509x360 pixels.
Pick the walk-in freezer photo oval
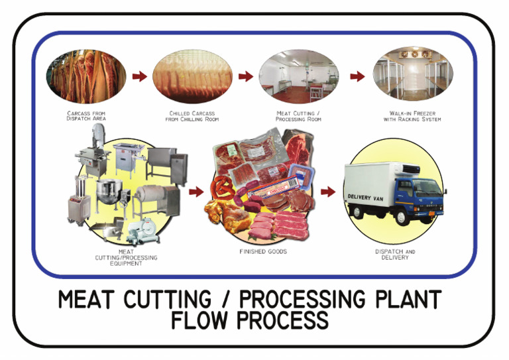412,76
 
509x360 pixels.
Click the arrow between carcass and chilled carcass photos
139,76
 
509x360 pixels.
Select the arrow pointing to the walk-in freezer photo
357,76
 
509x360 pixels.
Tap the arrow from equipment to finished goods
196,192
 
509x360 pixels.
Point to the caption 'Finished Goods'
263,252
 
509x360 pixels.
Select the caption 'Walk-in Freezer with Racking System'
412,116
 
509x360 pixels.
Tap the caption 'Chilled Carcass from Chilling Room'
194,116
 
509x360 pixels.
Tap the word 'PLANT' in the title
406,299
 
